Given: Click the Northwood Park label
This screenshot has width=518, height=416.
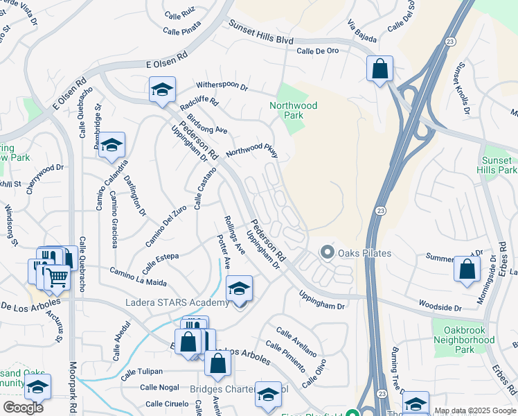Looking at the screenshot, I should coord(294,110).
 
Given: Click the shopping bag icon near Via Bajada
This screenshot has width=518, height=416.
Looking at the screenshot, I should coord(379,69).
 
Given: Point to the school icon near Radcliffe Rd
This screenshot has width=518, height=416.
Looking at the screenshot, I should coord(162,89).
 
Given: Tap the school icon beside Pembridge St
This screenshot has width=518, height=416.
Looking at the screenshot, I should coord(111,145).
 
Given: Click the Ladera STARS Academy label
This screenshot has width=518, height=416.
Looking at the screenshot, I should coord(177,303).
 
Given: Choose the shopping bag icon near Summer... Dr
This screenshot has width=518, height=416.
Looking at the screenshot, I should coord(467,270).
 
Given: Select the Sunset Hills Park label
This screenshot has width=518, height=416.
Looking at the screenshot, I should coord(499,165).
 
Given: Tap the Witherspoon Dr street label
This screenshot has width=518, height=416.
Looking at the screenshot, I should coord(222,85).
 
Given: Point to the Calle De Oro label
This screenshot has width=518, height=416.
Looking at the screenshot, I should coord(317,51).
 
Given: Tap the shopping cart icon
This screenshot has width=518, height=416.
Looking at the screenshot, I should coord(57,278).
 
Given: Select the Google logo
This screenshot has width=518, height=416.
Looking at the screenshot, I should coord(22,408).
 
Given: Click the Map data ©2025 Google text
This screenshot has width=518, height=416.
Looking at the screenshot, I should coord(475,410).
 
